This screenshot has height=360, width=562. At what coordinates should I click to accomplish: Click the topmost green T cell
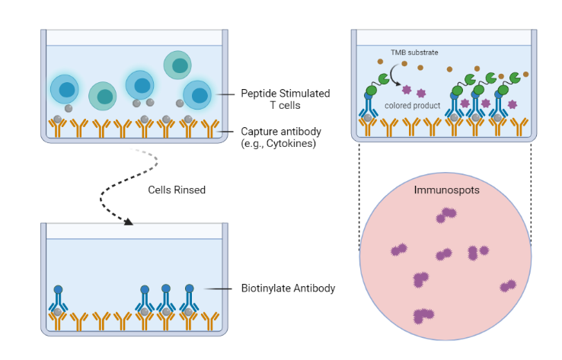[177, 65]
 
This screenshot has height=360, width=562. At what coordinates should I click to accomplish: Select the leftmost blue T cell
[65, 89]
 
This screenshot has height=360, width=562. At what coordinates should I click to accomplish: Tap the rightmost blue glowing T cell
[198, 95]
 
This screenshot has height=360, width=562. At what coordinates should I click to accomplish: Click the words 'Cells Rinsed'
[176, 190]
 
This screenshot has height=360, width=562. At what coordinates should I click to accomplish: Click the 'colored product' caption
[413, 106]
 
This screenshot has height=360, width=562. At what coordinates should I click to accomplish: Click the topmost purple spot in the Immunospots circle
[439, 218]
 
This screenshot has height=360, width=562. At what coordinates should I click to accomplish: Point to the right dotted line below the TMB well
[531, 190]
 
